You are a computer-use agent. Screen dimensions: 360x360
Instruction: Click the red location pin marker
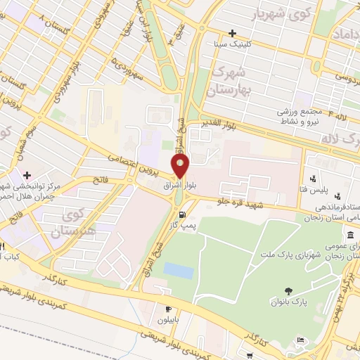181,167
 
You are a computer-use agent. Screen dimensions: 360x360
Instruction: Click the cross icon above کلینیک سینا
232,33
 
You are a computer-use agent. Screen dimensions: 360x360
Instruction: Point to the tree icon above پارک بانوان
288,291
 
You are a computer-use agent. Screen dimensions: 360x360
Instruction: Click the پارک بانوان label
288,302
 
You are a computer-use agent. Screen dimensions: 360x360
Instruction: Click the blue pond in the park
178,270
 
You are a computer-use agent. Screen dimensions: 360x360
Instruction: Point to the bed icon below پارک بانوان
302,340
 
